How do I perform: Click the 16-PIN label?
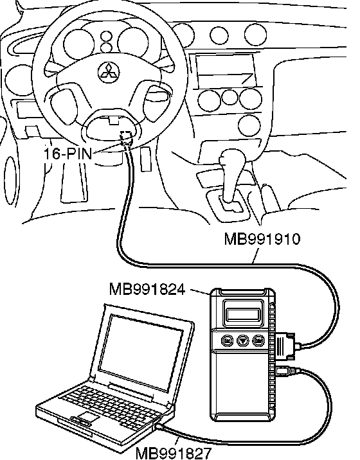tap(68, 153)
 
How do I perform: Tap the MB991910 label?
tap(262, 239)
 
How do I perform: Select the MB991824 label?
tap(147, 289)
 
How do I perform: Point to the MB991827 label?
tap(173, 453)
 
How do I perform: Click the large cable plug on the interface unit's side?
tap(285, 345)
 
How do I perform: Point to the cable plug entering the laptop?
tap(160, 426)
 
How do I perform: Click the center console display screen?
tap(225, 70)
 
